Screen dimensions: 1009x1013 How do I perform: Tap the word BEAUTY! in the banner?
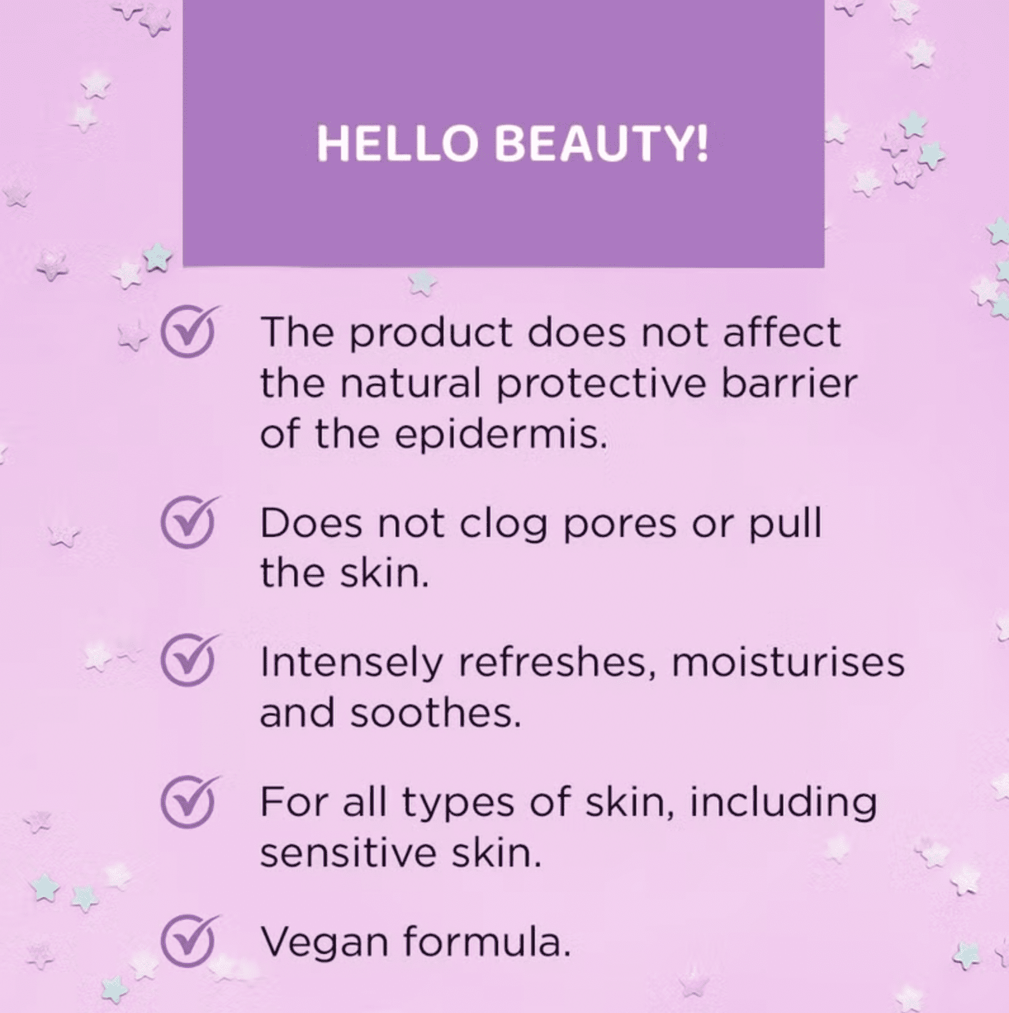pyautogui.click(x=601, y=143)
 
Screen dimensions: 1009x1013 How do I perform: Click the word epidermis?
pyautogui.click(x=501, y=436)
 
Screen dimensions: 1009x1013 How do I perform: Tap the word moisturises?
pyautogui.click(x=788, y=662)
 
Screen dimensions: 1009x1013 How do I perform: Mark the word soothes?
pyautogui.click(x=436, y=713)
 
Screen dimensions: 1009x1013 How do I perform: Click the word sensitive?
pyautogui.click(x=348, y=853)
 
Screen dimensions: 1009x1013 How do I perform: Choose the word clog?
pyautogui.click(x=503, y=526)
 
